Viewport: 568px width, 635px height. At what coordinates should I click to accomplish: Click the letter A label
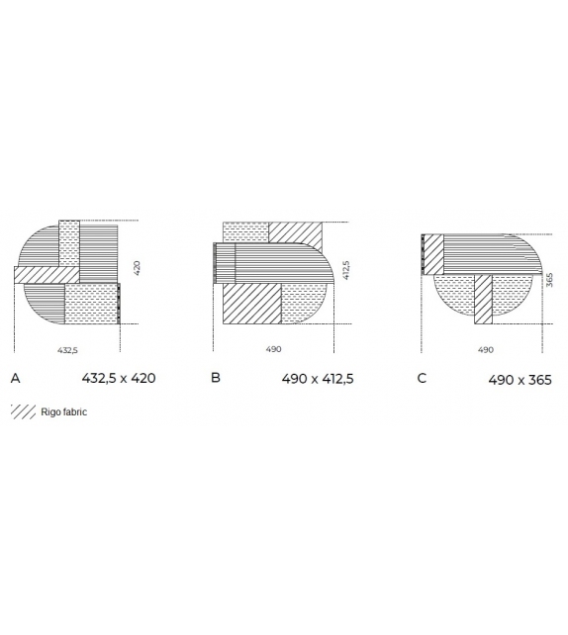(14, 378)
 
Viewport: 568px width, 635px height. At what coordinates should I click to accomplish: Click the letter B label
(216, 378)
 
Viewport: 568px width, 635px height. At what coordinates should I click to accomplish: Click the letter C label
(422, 378)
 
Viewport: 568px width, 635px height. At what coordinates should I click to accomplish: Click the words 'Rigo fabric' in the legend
(64, 411)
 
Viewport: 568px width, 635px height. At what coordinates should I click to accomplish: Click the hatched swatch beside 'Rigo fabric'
(23, 411)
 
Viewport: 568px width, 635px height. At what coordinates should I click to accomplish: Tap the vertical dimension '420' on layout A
(138, 267)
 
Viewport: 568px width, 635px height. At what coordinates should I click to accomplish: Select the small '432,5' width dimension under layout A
(67, 349)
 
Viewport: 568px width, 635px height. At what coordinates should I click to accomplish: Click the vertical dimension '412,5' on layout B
(345, 269)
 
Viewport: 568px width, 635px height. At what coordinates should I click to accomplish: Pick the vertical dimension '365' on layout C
(549, 281)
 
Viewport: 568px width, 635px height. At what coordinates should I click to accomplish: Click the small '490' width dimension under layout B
(274, 349)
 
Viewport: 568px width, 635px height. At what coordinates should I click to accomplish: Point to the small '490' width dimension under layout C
(485, 349)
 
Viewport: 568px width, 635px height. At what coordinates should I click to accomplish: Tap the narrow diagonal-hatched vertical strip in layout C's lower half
(483, 299)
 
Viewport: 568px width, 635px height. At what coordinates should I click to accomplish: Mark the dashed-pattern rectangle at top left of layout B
(245, 232)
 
